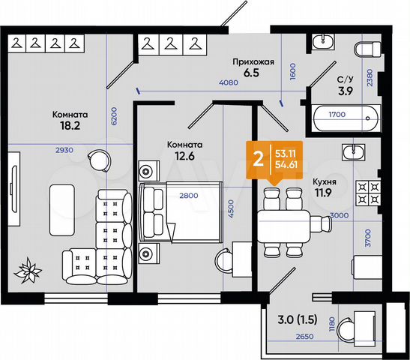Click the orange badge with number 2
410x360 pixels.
point(259,159)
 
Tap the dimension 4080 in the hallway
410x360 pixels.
point(229,84)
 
